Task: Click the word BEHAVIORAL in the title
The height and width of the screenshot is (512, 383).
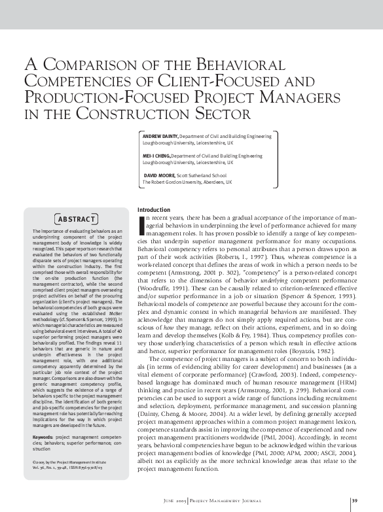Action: [226, 66]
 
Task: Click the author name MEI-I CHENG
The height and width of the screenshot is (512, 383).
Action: [159, 156]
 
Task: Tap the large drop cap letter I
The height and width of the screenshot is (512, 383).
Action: [143, 224]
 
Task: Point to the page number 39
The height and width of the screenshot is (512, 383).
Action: [354, 502]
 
